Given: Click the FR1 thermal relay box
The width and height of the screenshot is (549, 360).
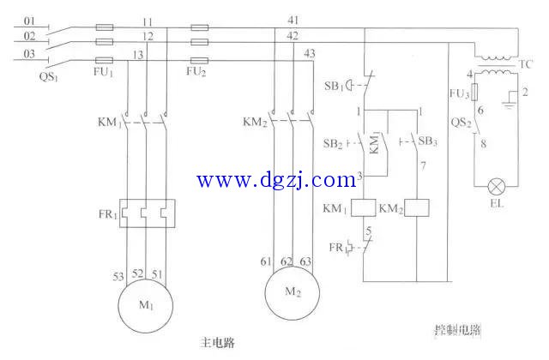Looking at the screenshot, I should tap(147, 212).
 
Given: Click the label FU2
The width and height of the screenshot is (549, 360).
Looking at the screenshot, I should tap(197, 71).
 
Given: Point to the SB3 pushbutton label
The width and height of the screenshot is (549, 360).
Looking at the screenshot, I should tap(429, 141).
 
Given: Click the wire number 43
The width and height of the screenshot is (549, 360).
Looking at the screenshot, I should tap(310, 54).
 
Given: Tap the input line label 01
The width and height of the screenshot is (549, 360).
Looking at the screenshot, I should tap(29, 20).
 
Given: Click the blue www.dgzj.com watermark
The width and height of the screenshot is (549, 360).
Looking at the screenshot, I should tap(275, 180).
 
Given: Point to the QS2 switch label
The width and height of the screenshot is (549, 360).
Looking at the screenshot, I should tap(460, 123).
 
